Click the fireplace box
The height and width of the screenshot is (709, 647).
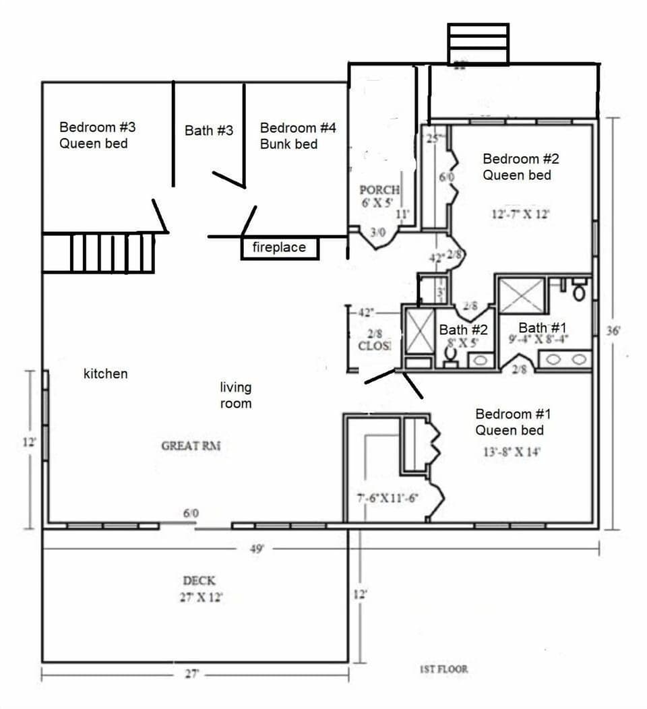(279, 248)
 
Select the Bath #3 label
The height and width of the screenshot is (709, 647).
(209, 130)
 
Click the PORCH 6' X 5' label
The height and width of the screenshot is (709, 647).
(379, 196)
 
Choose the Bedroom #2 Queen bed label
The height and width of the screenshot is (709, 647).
(517, 166)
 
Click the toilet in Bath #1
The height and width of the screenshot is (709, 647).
(579, 292)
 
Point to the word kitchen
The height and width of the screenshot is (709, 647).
(105, 373)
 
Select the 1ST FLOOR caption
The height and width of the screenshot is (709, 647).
(443, 669)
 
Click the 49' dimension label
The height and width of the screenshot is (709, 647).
(256, 549)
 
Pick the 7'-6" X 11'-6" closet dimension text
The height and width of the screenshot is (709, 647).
(388, 499)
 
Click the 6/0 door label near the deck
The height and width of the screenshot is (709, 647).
(191, 514)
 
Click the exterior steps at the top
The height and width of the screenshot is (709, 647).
(478, 44)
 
